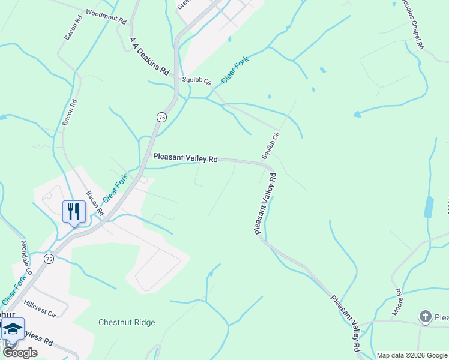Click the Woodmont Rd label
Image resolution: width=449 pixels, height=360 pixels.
click(x=106, y=16)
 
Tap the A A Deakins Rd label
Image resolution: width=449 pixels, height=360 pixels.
click(x=149, y=55)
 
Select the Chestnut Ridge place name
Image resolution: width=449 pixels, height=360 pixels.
click(x=127, y=322)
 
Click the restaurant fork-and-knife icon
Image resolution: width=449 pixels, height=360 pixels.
click(x=74, y=211)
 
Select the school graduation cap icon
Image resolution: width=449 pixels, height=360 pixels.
click(x=13, y=329)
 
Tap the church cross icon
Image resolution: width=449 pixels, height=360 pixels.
click(x=425, y=316)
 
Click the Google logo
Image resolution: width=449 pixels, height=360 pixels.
click(x=20, y=353)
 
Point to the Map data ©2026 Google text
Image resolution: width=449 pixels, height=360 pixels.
click(x=411, y=355)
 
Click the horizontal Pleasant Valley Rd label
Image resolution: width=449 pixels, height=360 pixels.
click(x=185, y=158)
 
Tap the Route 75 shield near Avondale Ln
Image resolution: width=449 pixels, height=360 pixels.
click(x=49, y=259)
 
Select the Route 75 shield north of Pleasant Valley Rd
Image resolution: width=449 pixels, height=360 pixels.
click(x=162, y=118)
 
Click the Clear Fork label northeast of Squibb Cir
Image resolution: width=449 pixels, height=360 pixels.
click(x=235, y=71)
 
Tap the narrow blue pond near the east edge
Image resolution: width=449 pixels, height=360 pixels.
click(x=428, y=206)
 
